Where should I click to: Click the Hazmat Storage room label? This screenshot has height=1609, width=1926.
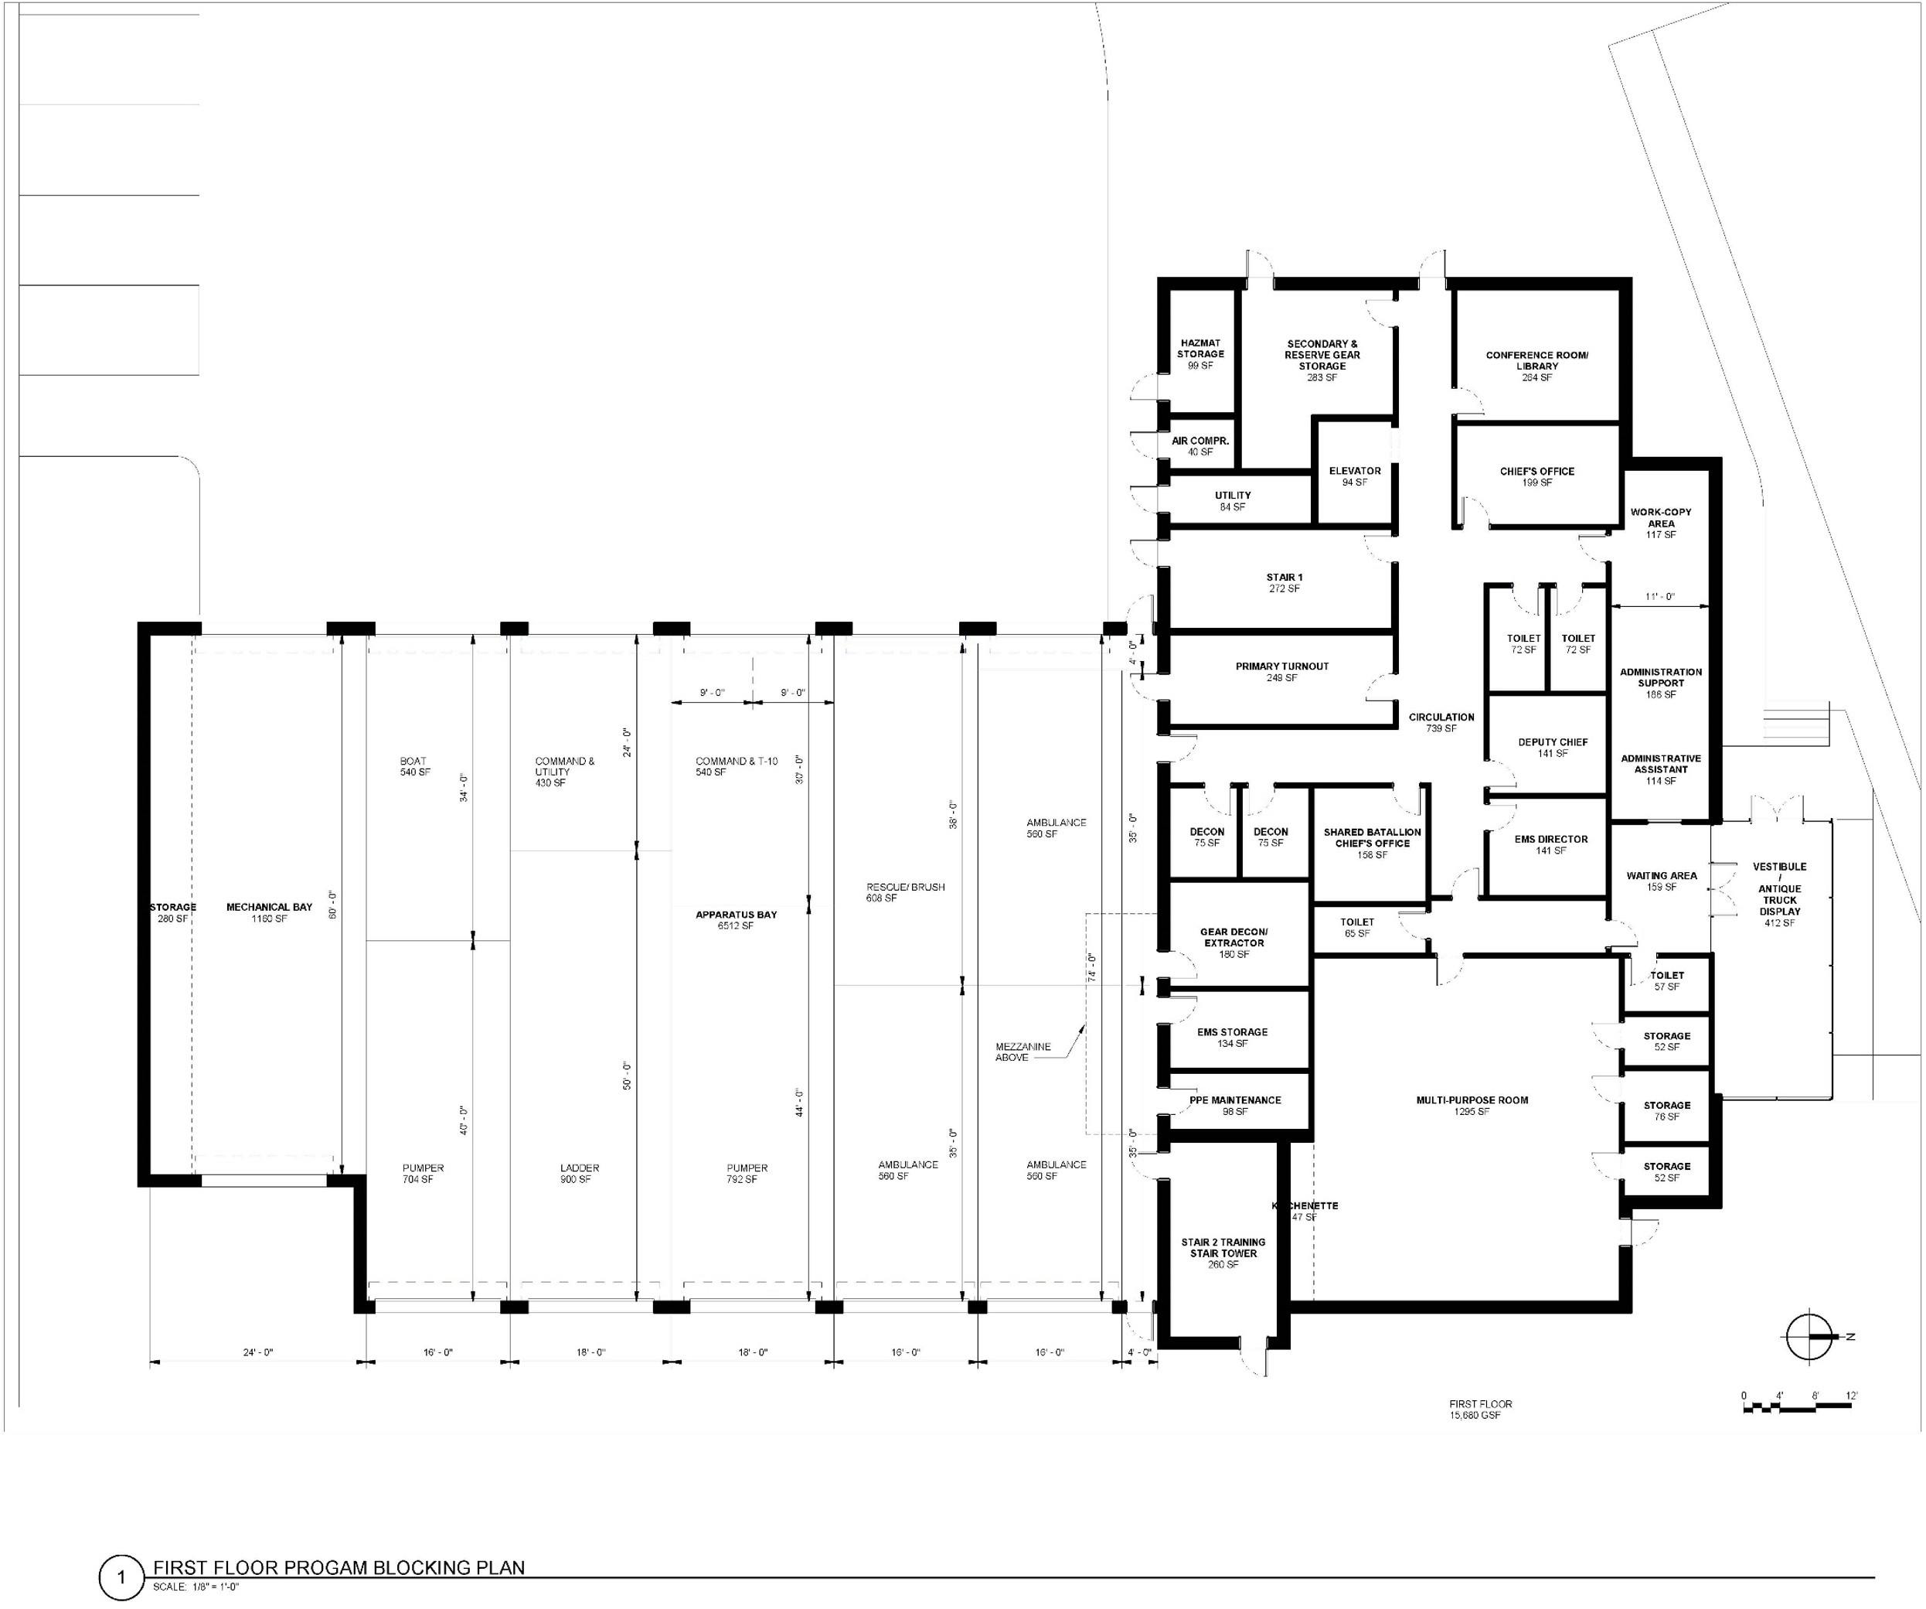tap(1199, 354)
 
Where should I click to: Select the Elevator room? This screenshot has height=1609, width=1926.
tap(1354, 476)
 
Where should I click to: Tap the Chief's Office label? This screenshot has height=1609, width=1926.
tap(1536, 476)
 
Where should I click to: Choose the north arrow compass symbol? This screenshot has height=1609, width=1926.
tap(1808, 1338)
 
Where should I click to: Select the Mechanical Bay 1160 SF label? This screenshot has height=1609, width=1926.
tap(269, 912)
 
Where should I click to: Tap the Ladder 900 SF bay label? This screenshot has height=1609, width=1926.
tap(579, 1173)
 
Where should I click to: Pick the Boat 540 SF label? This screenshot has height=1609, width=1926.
tap(414, 766)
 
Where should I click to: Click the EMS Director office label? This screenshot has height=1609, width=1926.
tap(1550, 844)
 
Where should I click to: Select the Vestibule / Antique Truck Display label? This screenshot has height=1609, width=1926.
tap(1779, 894)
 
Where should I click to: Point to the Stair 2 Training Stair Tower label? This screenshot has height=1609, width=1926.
tap(1223, 1252)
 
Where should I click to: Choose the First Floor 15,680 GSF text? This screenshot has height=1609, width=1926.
tap(1480, 1409)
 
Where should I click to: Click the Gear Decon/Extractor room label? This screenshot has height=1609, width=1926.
tap(1234, 942)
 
